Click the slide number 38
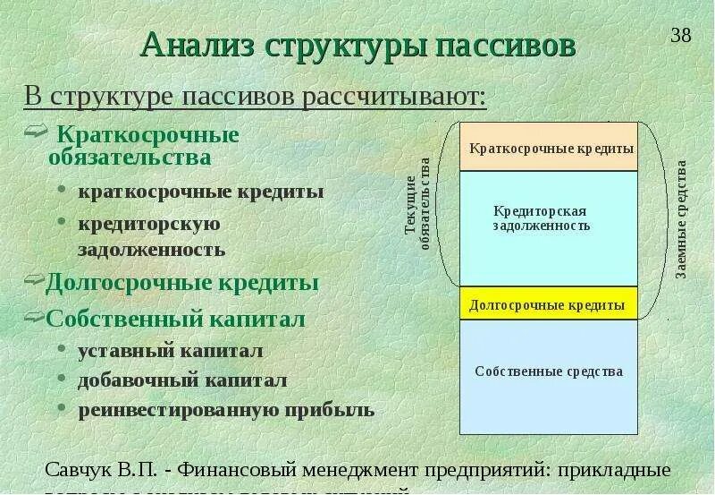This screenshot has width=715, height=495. click(x=681, y=36)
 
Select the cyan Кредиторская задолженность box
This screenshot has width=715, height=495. click(x=549, y=228)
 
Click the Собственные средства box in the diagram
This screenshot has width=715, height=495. click(x=549, y=371)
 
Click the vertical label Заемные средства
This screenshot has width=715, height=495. click(x=681, y=219)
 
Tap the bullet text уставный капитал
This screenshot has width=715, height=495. click(x=170, y=350)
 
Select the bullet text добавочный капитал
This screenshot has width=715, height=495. click(x=182, y=380)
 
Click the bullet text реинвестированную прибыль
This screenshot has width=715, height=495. click(x=225, y=410)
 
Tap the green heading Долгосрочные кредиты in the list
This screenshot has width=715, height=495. click(x=182, y=283)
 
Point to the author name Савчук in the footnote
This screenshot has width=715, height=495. click(x=79, y=470)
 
